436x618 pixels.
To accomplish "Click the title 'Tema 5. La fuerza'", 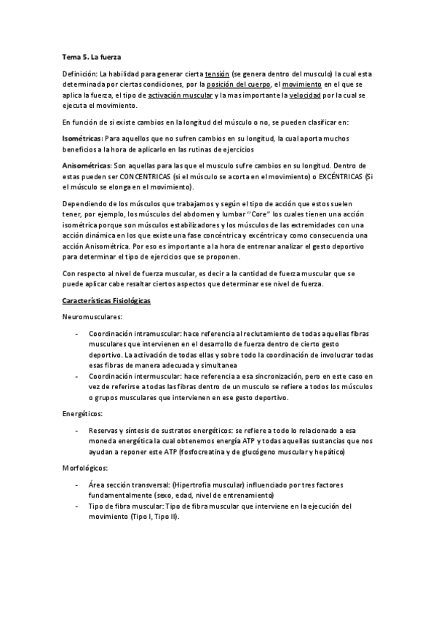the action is click(92, 57).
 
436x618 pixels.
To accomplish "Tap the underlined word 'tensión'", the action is click(217, 74).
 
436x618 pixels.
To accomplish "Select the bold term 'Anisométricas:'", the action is click(86, 165).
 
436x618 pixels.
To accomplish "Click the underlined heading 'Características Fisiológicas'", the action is click(106, 300).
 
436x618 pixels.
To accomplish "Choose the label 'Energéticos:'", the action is click(82, 414).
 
